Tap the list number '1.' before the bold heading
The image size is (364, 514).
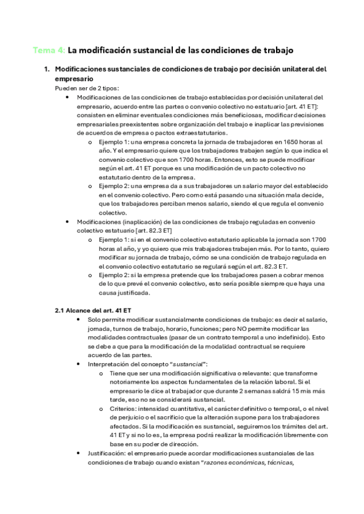[47, 69]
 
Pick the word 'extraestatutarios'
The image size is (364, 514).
[202, 132]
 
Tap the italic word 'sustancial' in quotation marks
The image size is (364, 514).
[188, 364]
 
